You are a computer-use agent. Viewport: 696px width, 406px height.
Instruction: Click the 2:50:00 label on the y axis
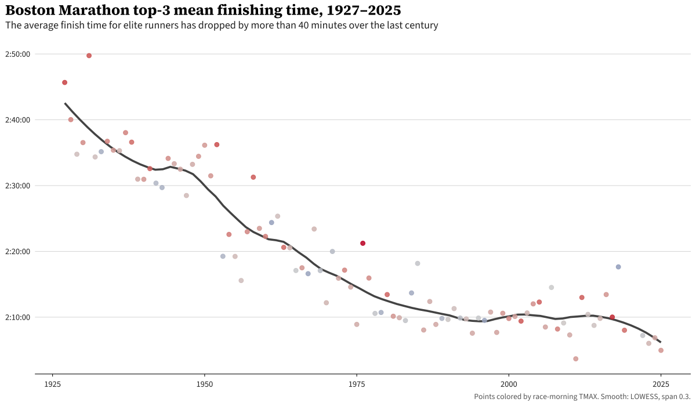click(17, 54)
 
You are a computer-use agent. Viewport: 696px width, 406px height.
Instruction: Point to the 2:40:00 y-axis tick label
click(17, 120)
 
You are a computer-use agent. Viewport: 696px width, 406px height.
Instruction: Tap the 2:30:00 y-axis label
click(17, 186)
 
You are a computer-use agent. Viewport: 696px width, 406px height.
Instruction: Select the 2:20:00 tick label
click(17, 252)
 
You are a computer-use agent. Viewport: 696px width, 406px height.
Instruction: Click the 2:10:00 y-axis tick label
click(17, 317)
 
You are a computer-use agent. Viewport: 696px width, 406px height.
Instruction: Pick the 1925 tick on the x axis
click(53, 384)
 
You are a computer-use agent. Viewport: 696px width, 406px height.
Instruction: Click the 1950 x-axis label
click(204, 384)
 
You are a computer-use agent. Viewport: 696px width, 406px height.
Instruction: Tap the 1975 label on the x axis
click(357, 384)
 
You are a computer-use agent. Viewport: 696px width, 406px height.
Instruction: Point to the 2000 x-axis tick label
click(509, 384)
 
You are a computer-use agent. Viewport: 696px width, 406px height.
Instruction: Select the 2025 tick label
click(661, 384)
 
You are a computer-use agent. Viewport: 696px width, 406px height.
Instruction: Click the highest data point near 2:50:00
click(89, 56)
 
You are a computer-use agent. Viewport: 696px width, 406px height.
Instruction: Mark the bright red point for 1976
click(362, 243)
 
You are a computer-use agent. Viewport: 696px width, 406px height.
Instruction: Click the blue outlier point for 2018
click(618, 267)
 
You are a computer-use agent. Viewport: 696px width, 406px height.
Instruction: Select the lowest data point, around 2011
click(575, 358)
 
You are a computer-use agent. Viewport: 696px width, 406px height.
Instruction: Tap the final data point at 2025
click(661, 350)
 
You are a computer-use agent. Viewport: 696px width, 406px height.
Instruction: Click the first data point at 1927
click(64, 82)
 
